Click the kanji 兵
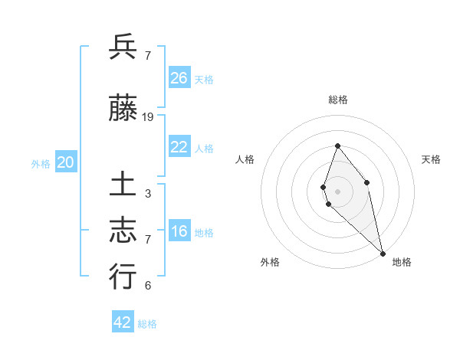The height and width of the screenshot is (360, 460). [123, 47]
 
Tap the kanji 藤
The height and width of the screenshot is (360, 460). [123, 110]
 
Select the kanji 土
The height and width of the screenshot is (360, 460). [123, 186]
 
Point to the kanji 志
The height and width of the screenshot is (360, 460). [123, 231]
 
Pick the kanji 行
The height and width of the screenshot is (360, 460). [123, 277]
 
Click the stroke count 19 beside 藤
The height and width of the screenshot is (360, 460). [148, 117]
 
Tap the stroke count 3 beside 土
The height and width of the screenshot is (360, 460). [147, 194]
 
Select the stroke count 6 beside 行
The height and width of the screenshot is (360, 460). [147, 286]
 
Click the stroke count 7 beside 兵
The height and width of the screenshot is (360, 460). [147, 56]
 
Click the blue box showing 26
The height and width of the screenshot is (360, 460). [179, 77]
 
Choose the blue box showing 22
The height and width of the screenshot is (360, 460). [179, 148]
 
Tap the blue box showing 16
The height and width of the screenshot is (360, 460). [179, 232]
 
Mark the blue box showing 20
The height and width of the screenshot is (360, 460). [66, 162]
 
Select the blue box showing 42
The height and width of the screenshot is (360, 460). [123, 322]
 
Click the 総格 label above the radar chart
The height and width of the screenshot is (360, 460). [338, 100]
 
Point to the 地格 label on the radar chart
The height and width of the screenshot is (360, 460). [402, 262]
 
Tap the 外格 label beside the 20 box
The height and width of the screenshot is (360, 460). [40, 164]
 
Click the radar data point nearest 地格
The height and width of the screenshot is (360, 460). [382, 254]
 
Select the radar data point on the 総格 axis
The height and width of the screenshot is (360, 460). [337, 146]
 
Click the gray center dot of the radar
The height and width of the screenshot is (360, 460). [337, 191]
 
